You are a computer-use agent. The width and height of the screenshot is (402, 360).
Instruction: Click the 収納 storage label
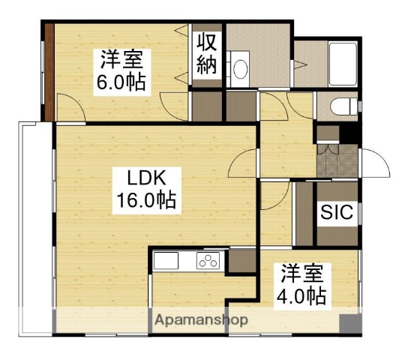click(x=207, y=52)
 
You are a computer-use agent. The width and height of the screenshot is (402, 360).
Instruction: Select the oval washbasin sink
click(x=240, y=68)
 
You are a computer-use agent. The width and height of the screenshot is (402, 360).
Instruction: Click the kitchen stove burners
click(x=208, y=262)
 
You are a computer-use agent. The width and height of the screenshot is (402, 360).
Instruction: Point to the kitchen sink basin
click(x=166, y=262)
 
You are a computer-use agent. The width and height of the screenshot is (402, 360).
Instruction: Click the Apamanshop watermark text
click(x=201, y=320)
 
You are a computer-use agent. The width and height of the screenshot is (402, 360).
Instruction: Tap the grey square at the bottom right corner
click(x=349, y=324)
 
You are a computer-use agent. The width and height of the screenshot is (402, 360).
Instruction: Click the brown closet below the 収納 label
click(x=205, y=105)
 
